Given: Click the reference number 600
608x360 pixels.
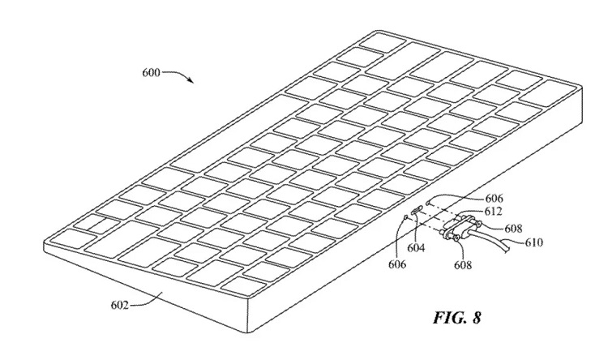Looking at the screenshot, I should point(152,72).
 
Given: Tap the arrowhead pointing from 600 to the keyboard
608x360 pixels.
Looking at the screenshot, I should point(192,82).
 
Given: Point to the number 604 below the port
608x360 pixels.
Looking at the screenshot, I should point(417,247).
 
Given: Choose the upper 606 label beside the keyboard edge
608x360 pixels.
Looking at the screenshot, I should point(472,198).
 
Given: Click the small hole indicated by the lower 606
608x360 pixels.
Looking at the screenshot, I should point(406,216).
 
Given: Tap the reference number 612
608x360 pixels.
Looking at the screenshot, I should point(484,211).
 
